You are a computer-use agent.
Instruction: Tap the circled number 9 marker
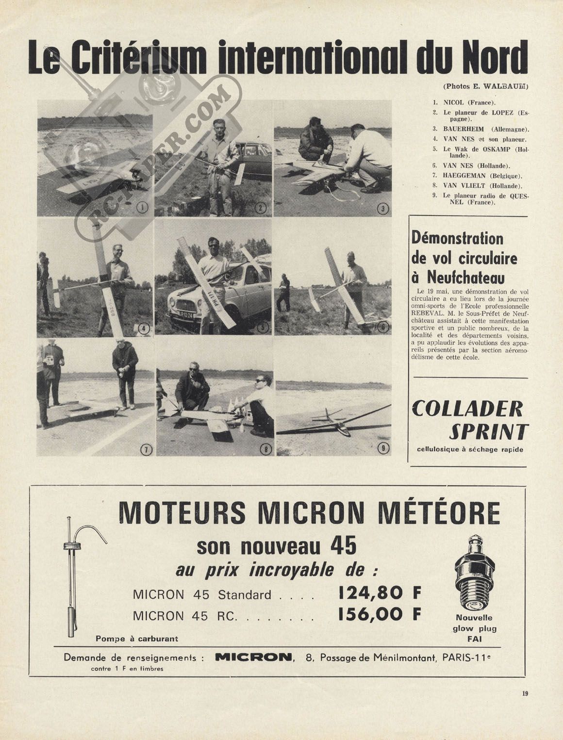point(383,448)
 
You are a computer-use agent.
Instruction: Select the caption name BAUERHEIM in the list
point(464,129)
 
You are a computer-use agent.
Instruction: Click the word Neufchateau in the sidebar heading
point(465,278)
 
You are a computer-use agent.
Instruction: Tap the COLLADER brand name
point(467,410)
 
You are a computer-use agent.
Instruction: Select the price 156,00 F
point(379,614)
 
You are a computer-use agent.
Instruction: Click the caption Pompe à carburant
point(137,639)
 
